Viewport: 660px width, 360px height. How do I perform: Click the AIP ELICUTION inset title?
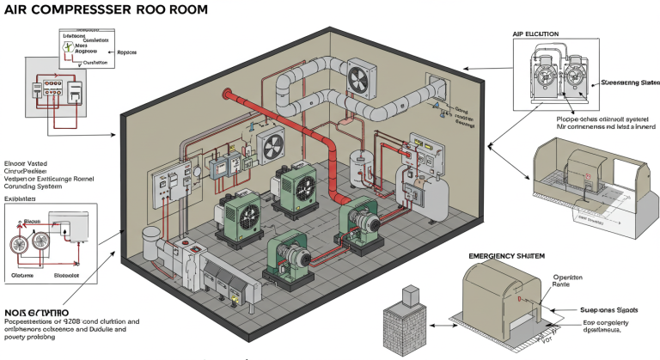tap(535, 34)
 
